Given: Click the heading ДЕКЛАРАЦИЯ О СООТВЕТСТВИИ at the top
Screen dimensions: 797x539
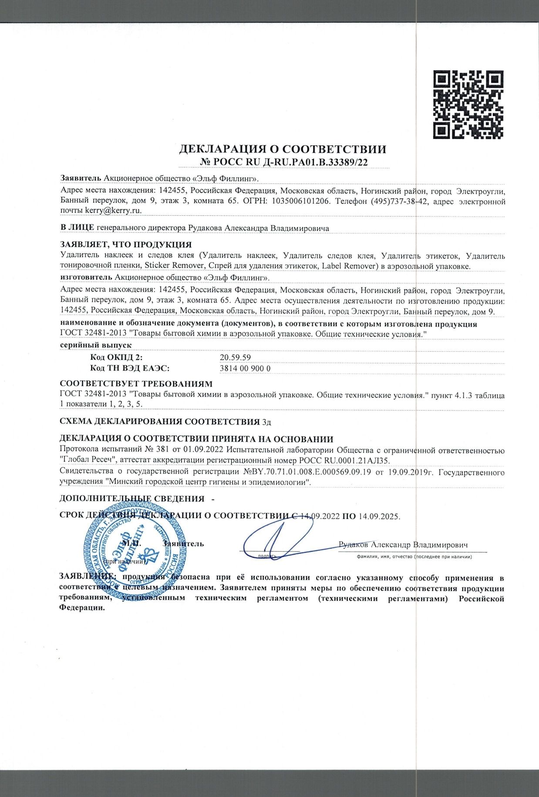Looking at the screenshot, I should coord(283,149).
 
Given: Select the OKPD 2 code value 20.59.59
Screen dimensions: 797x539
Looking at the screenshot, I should coord(235,357).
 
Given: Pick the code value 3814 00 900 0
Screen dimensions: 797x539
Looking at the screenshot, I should coord(246,368).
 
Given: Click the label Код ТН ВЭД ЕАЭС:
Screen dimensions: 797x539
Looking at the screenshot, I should coord(129,368).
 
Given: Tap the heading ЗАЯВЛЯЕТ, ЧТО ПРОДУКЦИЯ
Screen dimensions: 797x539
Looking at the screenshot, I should coord(126,244).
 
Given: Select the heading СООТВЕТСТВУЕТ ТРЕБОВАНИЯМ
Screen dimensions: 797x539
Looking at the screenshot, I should coord(136,384).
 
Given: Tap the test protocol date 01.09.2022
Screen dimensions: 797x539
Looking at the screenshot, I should coord(205,451).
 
